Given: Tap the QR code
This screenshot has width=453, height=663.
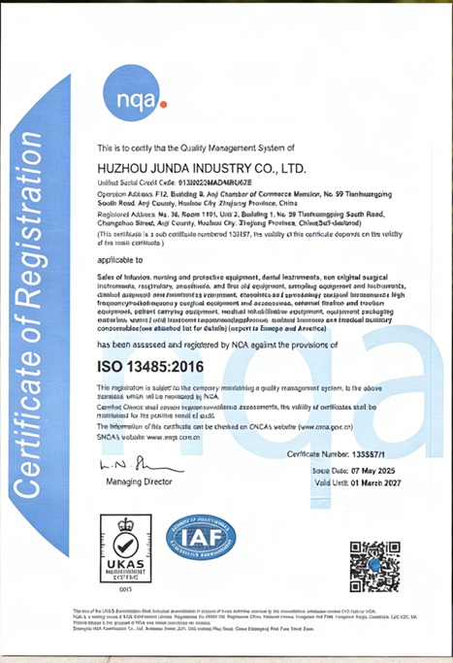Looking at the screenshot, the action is pos(374,567).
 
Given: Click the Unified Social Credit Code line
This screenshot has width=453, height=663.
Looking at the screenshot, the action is pos(161,182).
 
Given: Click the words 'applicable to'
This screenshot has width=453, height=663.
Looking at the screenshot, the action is pos(119,261).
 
